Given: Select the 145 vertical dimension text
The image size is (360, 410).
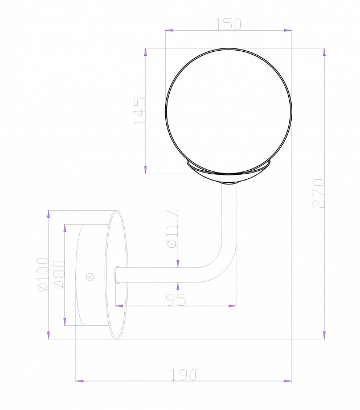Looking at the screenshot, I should point(139,110).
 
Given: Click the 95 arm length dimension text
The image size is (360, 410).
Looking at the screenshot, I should point(177,300).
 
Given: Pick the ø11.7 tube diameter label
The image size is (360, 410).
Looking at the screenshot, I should point(173,229).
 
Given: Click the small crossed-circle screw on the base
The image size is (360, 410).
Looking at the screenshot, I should point(89,277).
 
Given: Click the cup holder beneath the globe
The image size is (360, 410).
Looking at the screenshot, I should point(228,171).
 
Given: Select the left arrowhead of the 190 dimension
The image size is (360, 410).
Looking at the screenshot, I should point(80,380).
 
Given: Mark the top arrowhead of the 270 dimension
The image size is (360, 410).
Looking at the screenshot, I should point(324,53).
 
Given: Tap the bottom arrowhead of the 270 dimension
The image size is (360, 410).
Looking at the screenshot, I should point(324,335).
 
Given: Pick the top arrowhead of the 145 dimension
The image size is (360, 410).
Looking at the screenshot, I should point(146,53).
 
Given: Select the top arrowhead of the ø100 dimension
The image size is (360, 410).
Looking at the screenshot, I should point(49,215).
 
